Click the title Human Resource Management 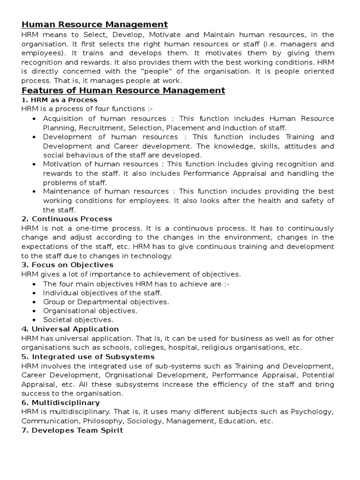[x=94, y=24]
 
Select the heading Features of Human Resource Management [x=123, y=90]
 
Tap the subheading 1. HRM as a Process [x=59, y=100]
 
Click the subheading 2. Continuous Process [x=67, y=219]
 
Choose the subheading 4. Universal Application [x=70, y=329]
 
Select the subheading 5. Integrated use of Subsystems [x=88, y=357]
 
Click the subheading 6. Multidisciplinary [x=60, y=403]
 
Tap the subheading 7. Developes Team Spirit [x=72, y=430]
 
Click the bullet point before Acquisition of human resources [x=35, y=119]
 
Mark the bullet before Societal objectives [x=35, y=320]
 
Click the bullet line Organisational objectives [x=90, y=311]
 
